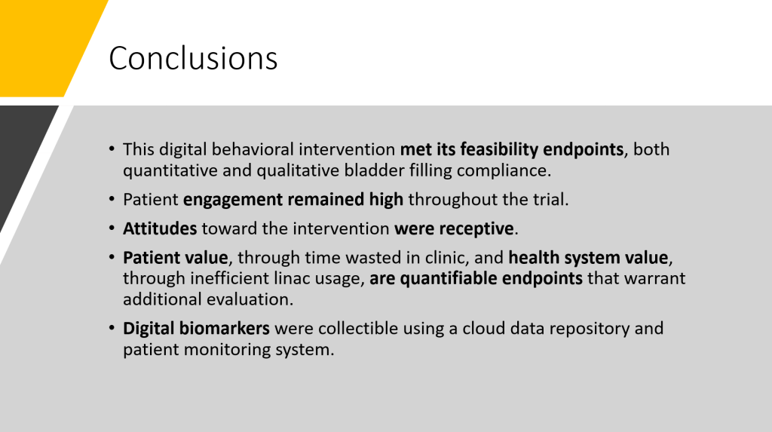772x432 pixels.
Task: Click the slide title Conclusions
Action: point(193,58)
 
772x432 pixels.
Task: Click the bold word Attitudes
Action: point(160,228)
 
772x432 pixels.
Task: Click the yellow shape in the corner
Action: point(44,48)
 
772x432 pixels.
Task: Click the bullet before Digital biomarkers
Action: point(112,328)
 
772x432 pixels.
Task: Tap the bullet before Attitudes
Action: point(112,228)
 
